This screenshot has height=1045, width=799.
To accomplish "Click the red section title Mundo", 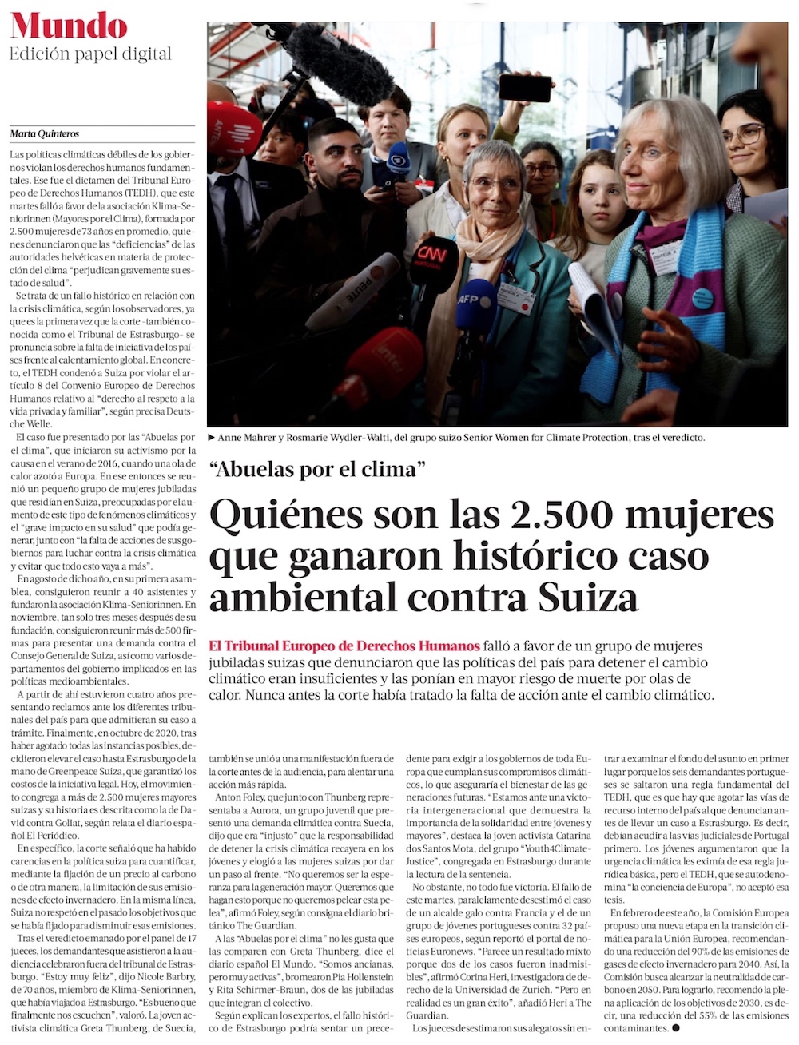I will (x=69, y=26).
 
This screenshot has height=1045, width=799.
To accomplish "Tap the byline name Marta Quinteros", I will (x=44, y=133).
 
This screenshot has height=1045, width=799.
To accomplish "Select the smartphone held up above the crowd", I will (x=524, y=87).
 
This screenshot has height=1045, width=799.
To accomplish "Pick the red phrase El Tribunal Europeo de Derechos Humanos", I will (x=344, y=646).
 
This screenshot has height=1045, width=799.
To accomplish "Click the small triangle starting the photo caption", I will (x=211, y=438).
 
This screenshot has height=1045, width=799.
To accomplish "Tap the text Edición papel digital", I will (x=90, y=54).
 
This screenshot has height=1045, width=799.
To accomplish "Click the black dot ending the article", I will (x=676, y=1028).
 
